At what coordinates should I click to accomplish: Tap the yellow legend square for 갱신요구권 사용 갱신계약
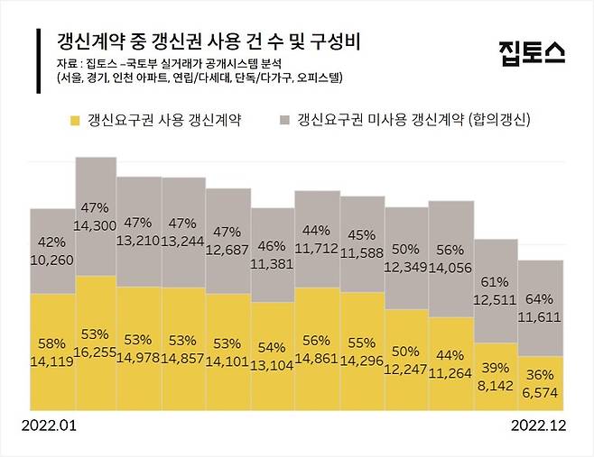pos(74,120)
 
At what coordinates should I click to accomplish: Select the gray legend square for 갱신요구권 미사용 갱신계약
pos(284,120)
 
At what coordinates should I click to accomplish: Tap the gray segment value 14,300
pos(97,223)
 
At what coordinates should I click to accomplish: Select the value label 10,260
pos(52,259)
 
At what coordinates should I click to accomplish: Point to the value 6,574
pos(542,389)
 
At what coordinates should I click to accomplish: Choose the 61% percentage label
pos(497,281)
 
